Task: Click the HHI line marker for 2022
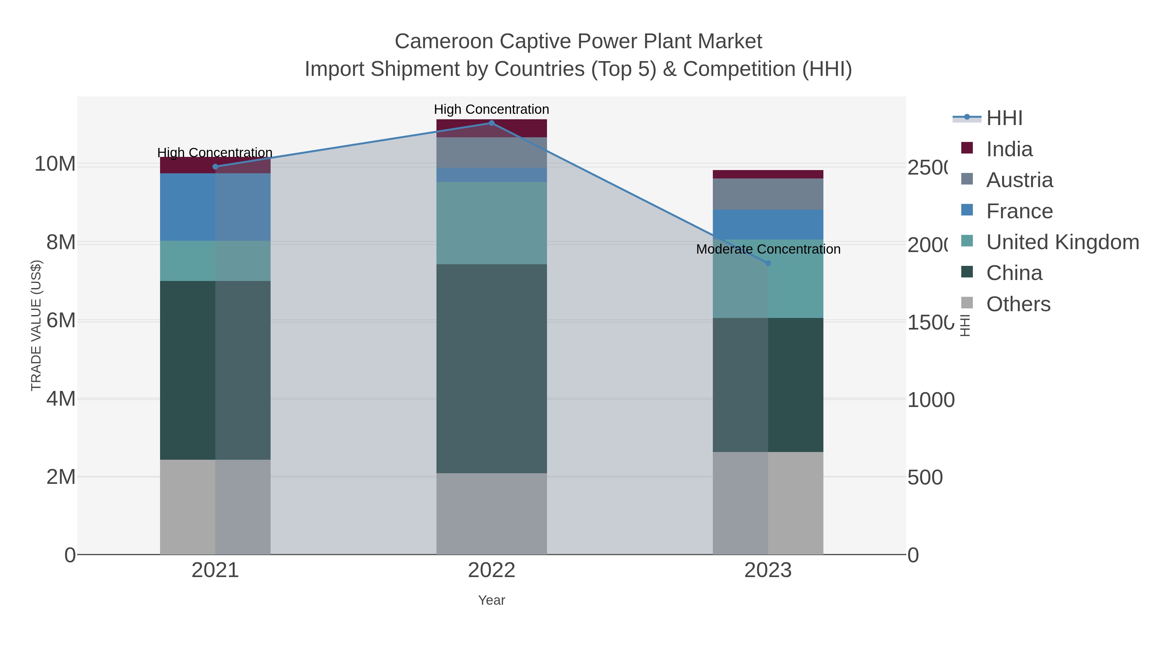491,123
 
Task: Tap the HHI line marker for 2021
215,167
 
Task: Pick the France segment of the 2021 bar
215,207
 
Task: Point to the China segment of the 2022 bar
491,368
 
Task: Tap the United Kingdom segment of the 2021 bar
215,261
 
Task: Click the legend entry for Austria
1019,180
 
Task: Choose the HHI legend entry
1004,118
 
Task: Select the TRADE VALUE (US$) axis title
36,325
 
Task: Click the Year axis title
491,600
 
